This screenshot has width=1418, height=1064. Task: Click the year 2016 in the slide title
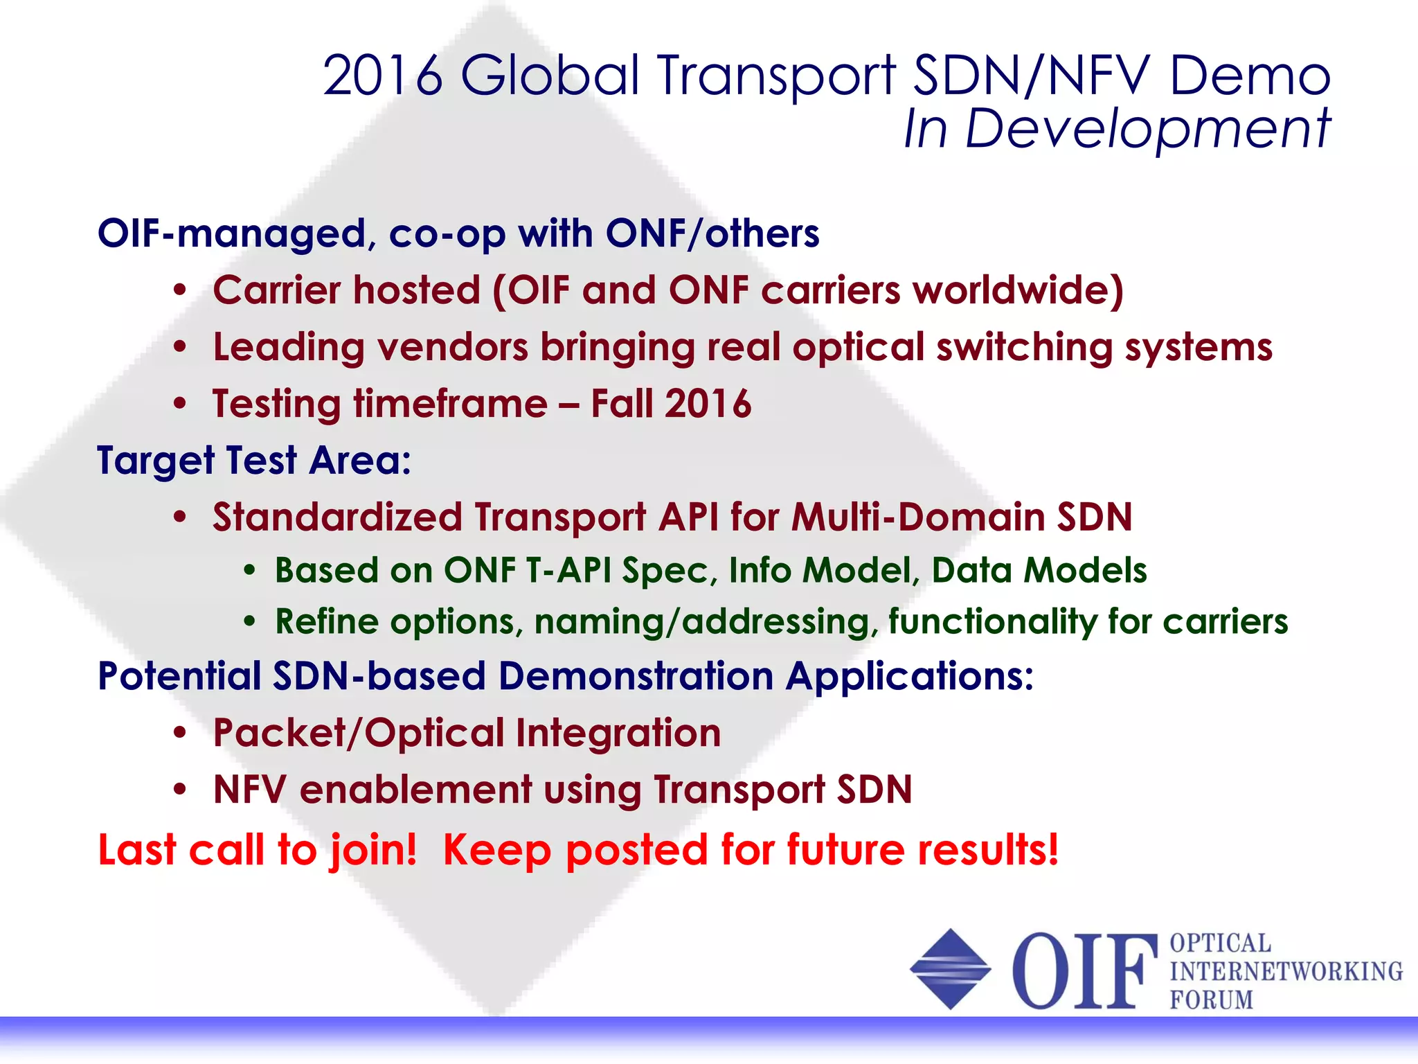pos(382,76)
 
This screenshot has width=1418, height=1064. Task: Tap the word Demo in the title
pos(1250,76)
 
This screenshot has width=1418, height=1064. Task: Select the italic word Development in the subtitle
pos(1147,130)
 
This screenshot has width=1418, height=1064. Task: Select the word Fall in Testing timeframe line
pos(622,404)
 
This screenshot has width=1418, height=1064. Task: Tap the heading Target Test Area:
pos(254,461)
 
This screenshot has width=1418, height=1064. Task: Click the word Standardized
pos(337,517)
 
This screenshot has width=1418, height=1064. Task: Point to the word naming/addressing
pos(702,621)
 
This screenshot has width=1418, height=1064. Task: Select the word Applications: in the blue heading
pos(909,676)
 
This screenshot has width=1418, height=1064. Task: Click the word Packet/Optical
pos(359,734)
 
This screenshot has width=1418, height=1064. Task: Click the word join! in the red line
pos(373,850)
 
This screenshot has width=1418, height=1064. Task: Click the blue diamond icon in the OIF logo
pos(950,969)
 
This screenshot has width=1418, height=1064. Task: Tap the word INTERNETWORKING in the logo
pos(1286,971)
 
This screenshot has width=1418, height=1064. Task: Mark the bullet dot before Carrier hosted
pos(180,291)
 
